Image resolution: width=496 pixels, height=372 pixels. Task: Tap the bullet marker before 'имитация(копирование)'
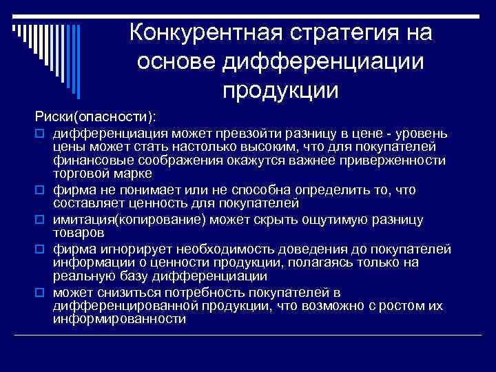point(40,219)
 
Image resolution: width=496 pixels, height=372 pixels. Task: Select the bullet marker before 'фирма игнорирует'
point(40,248)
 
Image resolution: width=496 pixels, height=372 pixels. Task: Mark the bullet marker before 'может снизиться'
point(40,291)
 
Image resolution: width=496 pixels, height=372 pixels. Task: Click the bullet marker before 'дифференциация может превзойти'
point(40,132)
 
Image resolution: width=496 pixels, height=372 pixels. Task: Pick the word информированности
point(119,319)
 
